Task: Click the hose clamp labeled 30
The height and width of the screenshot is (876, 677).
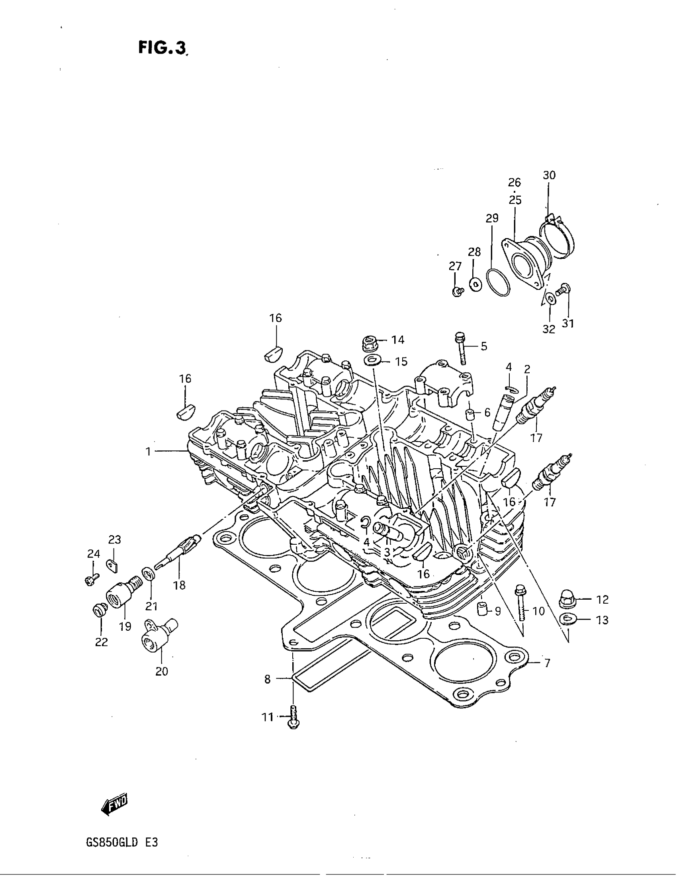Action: [x=558, y=237]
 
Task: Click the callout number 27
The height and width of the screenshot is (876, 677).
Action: [x=455, y=266]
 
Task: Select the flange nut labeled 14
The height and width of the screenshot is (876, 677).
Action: [x=369, y=342]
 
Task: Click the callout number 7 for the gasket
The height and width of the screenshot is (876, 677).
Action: [x=547, y=663]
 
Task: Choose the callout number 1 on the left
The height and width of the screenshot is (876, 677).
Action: [x=148, y=452]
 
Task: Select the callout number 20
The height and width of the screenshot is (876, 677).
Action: [x=162, y=671]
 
